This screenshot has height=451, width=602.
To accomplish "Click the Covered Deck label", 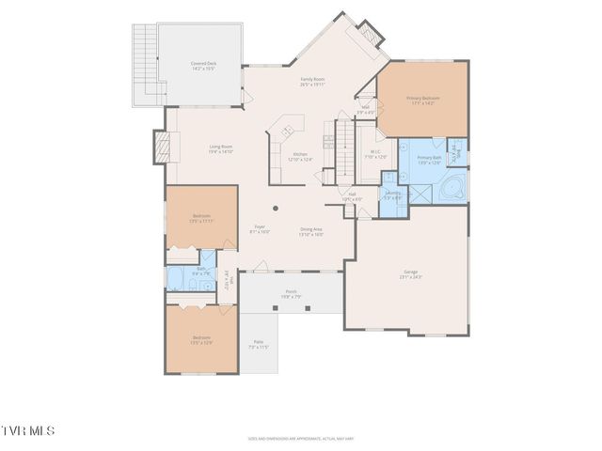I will click(x=204, y=66).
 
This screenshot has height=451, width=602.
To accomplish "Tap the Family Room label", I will click(x=313, y=82).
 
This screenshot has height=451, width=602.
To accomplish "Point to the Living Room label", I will click(x=220, y=148).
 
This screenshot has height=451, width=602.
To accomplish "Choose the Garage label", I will click(x=411, y=274).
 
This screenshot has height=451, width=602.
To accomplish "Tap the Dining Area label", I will click(x=311, y=231).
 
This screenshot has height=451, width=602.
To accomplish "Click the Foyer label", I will click(x=260, y=229).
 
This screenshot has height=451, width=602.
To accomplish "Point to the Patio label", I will click(x=258, y=345).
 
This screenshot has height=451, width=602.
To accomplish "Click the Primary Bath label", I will click(x=429, y=161).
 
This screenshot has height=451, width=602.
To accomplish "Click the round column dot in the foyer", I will click(x=276, y=208).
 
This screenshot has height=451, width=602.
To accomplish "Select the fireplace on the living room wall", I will click(x=161, y=147).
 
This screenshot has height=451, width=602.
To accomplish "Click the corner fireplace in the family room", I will click(x=370, y=36).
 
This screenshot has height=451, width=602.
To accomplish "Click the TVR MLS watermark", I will click(x=28, y=430).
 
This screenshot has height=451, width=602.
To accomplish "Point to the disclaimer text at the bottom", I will click(x=300, y=438).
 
